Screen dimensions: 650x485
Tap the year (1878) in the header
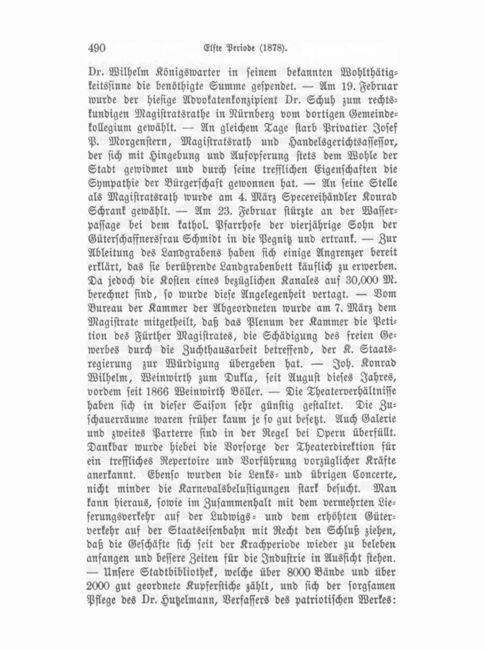click(271, 48)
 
